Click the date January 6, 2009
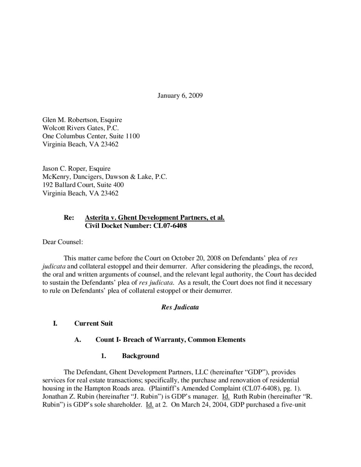180,96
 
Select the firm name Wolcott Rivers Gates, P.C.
81,128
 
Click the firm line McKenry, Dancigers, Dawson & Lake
105,177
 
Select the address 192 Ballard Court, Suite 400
83,185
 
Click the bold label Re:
69,218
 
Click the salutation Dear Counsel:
63,242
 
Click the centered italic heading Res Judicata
180,307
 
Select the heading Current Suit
93,323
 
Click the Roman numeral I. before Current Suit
55,323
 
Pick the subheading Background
140,356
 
